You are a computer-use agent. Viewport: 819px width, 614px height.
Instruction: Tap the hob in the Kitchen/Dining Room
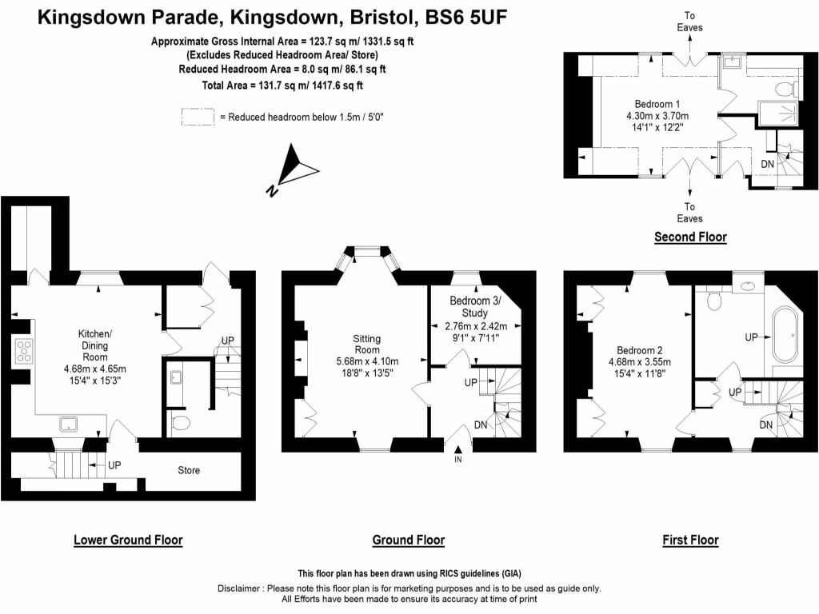tap(22, 352)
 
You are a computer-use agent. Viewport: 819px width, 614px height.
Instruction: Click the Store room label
tap(189, 470)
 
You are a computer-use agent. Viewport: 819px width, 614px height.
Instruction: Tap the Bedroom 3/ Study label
tap(474, 306)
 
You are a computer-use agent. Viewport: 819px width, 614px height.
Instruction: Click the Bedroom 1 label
tap(657, 104)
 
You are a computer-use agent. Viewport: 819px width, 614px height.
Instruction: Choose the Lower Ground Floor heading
tap(128, 540)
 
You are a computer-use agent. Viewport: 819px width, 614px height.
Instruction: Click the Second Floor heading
tap(690, 237)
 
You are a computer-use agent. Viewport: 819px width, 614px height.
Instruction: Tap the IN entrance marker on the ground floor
tap(458, 460)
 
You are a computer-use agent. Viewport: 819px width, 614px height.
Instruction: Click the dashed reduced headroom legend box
tap(198, 117)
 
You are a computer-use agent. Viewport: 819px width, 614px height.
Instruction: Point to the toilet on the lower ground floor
tap(181, 422)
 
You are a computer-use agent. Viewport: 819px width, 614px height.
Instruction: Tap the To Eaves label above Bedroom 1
tap(689, 22)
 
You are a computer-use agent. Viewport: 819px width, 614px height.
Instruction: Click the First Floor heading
tap(690, 540)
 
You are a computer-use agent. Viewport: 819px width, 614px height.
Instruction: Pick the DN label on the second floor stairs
tap(767, 164)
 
